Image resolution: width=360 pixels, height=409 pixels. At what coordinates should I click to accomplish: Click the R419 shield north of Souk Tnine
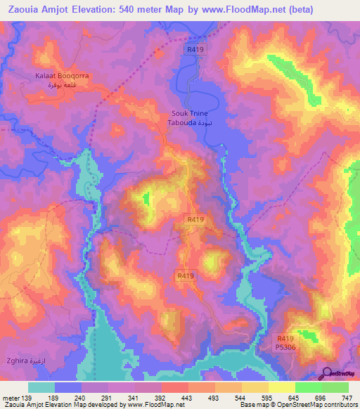pyautogui.click(x=195, y=50)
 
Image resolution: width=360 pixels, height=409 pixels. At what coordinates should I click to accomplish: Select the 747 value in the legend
pyautogui.click(x=348, y=398)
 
